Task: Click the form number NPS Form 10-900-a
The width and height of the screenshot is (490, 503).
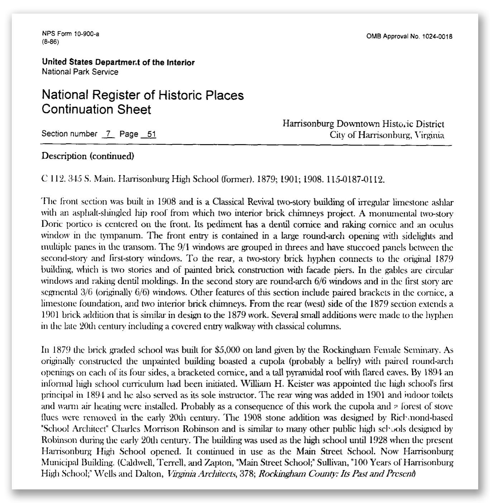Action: pos(71,34)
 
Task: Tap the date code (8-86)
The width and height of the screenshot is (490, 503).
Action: pos(51,42)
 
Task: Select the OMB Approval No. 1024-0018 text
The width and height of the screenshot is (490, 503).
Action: pos(409,37)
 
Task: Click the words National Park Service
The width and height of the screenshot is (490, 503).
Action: pos(80,72)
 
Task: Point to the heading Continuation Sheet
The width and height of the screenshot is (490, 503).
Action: pos(96,109)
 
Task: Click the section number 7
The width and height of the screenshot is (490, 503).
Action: pos(108,134)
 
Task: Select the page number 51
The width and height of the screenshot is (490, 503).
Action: pos(151,134)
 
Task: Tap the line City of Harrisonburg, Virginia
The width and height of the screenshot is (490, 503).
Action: pos(387,135)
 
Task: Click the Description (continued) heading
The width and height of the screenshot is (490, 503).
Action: pos(88,156)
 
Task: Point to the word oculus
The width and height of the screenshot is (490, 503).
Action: pos(441,225)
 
